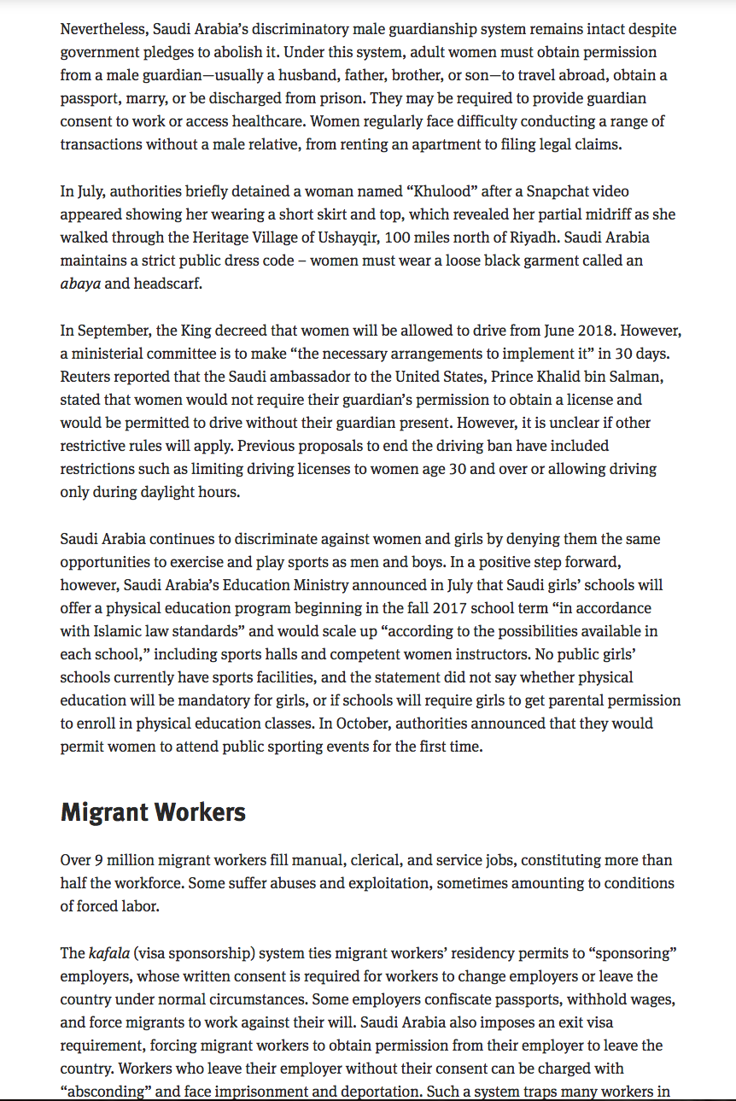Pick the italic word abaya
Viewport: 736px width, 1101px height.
click(80, 284)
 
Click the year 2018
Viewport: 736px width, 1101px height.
click(600, 331)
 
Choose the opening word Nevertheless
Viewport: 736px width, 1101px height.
click(103, 29)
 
